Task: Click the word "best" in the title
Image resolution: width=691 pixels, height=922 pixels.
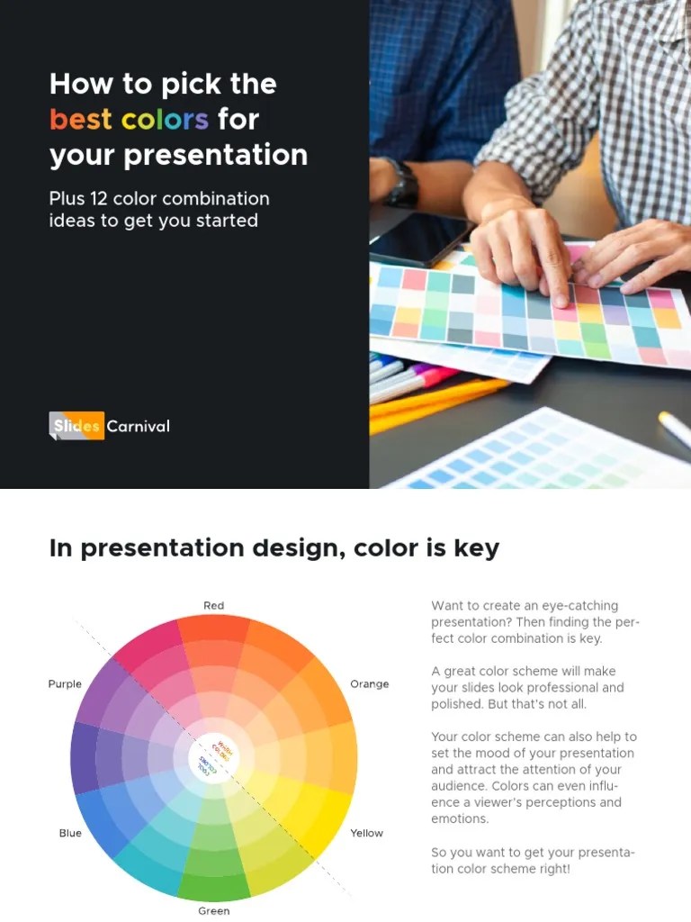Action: click(82, 119)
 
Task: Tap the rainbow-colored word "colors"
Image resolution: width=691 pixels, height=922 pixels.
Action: click(165, 119)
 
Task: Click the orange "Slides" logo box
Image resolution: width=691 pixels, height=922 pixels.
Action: click(76, 426)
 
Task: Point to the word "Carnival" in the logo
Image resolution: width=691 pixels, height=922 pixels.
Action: click(138, 426)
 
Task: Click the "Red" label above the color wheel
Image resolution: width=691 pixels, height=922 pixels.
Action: click(213, 605)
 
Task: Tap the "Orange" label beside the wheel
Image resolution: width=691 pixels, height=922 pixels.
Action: click(369, 684)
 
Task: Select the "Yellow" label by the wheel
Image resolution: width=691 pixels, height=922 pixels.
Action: click(366, 833)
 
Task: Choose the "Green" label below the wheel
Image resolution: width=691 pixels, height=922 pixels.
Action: click(213, 910)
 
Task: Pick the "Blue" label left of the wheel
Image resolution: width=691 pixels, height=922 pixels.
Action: click(70, 833)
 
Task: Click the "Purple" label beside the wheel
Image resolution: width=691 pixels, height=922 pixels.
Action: click(65, 684)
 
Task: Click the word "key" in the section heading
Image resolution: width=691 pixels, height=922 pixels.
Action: click(478, 548)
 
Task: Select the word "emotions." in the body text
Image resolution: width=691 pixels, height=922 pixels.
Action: click(460, 819)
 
